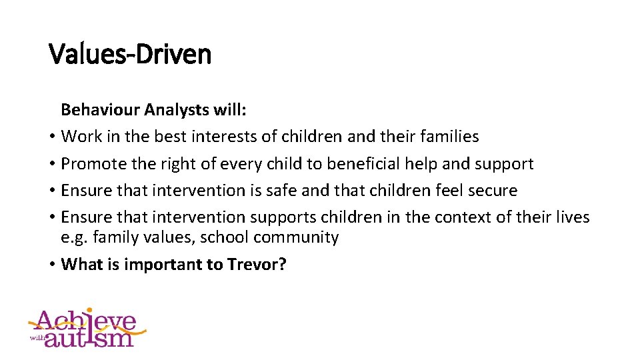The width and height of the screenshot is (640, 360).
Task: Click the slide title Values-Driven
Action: [x=130, y=53]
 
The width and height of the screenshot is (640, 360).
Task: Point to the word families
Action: [x=449, y=137]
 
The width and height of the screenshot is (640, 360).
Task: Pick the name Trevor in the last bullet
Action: [x=256, y=264]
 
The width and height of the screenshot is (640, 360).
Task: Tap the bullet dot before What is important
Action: [x=51, y=265]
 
